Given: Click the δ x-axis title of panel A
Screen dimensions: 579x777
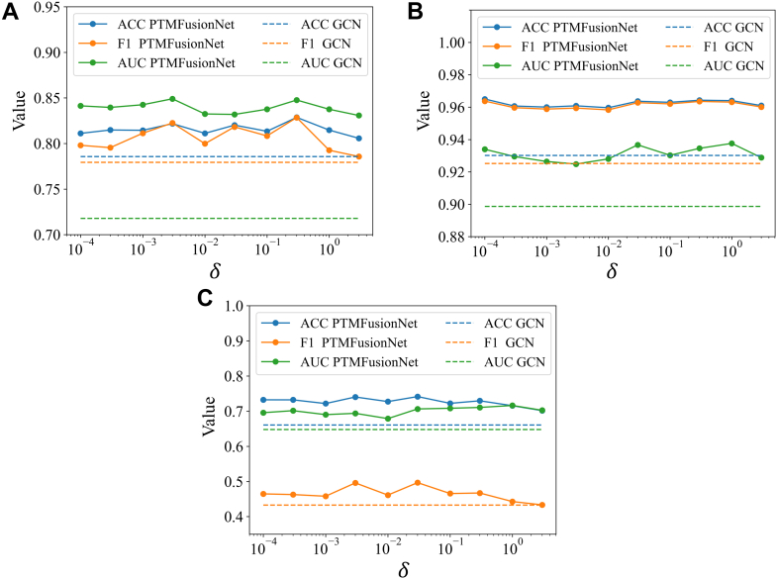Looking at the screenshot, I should (x=218, y=271).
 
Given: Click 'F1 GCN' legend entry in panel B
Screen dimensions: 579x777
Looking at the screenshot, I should (x=695, y=48).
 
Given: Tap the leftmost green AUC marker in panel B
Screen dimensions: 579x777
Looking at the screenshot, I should (x=485, y=149).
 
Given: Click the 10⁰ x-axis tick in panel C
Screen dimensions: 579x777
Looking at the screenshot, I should (x=513, y=546).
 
